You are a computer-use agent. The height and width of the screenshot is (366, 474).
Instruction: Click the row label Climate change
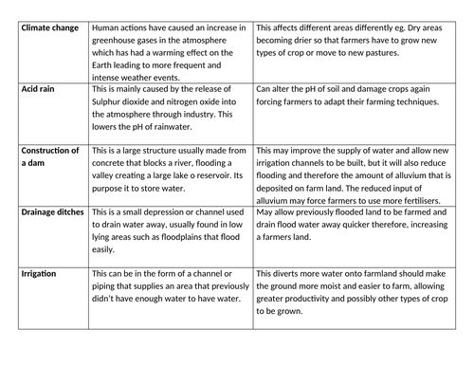(49, 29)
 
